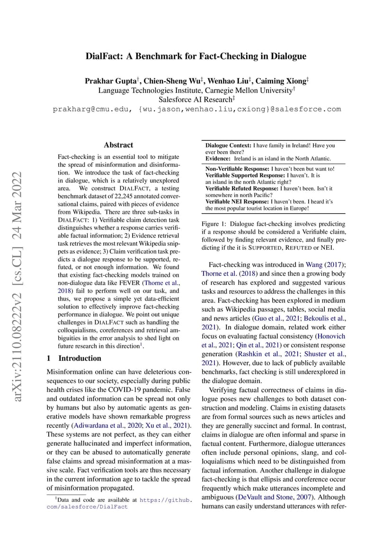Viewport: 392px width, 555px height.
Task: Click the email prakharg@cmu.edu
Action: pyautogui.click(x=90, y=109)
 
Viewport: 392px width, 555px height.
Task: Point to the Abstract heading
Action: pyautogui.click(x=118, y=145)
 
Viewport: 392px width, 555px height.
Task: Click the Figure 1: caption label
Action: pyautogui.click(x=214, y=224)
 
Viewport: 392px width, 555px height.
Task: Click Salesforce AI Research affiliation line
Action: pyautogui.click(x=196, y=99)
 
